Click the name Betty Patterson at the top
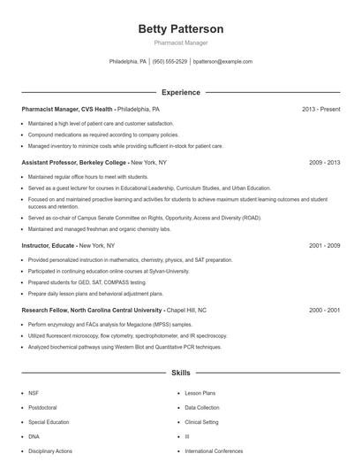(180, 28)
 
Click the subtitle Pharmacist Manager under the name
(180, 42)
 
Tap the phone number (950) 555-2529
(170, 62)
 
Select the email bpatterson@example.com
(222, 62)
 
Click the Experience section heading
(180, 92)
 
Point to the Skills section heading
(180, 373)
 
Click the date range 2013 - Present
(321, 109)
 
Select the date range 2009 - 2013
(324, 163)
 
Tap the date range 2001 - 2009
(324, 245)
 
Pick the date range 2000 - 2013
(324, 311)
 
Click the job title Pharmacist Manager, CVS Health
(67, 109)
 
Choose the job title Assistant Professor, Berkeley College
(75, 163)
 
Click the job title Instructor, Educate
(49, 245)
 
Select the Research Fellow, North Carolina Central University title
(92, 311)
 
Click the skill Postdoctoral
(42, 407)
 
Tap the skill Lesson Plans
(200, 392)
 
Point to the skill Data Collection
(202, 407)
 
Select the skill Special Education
(49, 422)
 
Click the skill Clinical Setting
(202, 422)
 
